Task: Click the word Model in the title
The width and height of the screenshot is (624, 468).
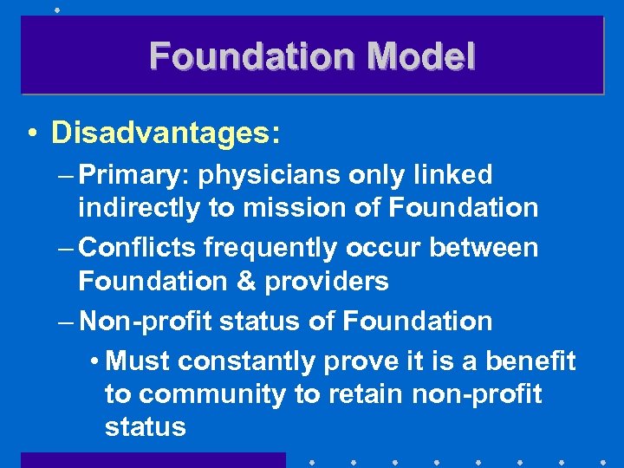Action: (x=421, y=57)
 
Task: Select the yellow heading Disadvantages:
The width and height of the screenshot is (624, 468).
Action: (x=166, y=133)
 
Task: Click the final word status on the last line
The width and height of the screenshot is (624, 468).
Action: (x=145, y=427)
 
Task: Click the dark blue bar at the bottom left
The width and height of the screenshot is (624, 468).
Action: (x=153, y=459)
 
